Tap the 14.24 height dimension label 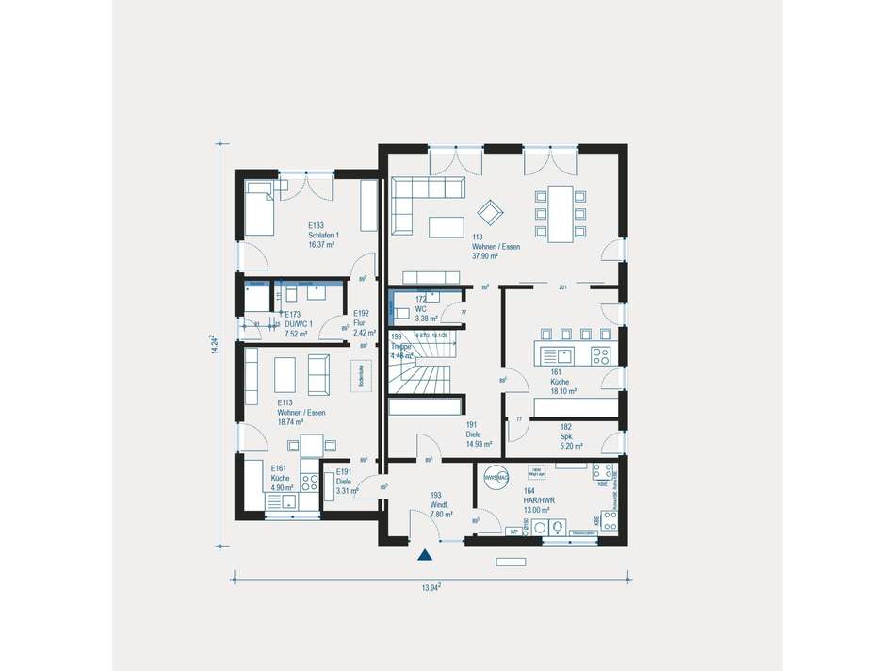tap(216, 344)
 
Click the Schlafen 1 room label tap(323, 235)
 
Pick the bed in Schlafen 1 tap(259, 206)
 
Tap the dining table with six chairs tap(560, 214)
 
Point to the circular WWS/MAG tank tap(496, 478)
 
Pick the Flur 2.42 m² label tap(364, 323)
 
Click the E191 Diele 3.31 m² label tap(343, 481)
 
